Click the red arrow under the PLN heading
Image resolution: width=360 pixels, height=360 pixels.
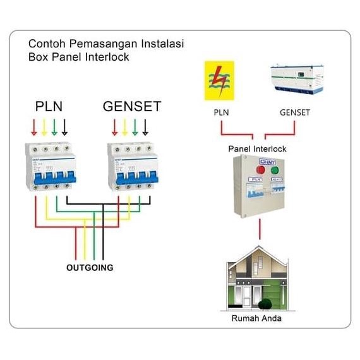(x=34, y=128)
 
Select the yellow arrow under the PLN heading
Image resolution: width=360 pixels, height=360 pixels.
(x=44, y=128)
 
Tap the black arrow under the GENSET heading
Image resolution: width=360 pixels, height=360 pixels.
(x=145, y=128)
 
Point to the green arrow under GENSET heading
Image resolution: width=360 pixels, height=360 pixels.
(x=135, y=128)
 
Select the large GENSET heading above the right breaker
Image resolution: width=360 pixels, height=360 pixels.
(x=132, y=106)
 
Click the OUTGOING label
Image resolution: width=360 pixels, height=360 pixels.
(x=90, y=268)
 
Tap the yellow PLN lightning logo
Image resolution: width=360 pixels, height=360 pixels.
(x=219, y=80)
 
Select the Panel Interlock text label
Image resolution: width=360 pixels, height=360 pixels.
(x=257, y=149)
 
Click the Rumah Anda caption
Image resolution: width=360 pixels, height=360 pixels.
(x=256, y=318)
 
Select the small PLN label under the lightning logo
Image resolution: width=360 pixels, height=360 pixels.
(x=221, y=113)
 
